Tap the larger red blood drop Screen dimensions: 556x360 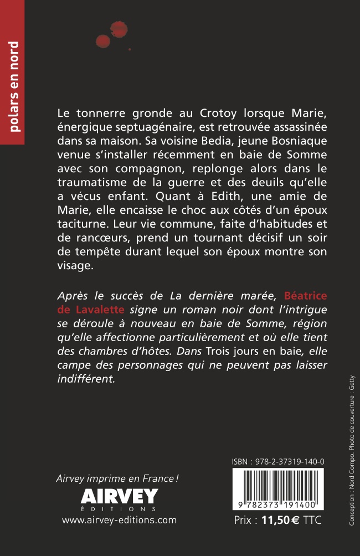pos(118,29)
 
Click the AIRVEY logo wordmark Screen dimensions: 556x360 pos(119,495)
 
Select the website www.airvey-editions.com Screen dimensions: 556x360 pos(119,520)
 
